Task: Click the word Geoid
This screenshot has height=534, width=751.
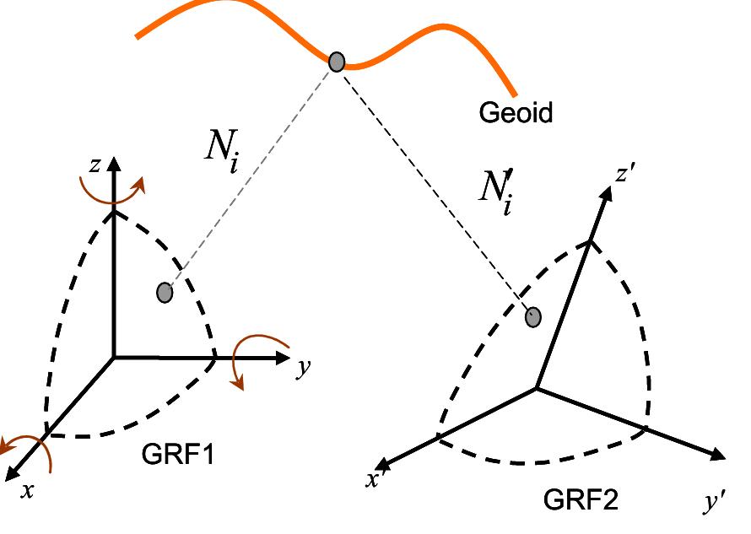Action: (x=516, y=113)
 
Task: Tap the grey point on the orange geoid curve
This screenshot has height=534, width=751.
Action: (x=337, y=62)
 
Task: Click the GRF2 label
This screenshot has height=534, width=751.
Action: (x=580, y=500)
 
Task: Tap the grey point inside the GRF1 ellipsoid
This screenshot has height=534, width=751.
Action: (x=165, y=293)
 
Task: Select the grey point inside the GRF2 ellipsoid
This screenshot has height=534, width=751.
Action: (x=532, y=316)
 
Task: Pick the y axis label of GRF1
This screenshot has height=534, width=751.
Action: (x=301, y=369)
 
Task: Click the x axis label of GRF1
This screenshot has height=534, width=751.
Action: (x=28, y=490)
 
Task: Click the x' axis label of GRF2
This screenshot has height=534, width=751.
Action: (x=373, y=479)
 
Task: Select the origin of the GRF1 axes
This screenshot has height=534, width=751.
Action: (x=114, y=357)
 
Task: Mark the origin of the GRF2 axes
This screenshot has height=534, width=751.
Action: (x=536, y=388)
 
